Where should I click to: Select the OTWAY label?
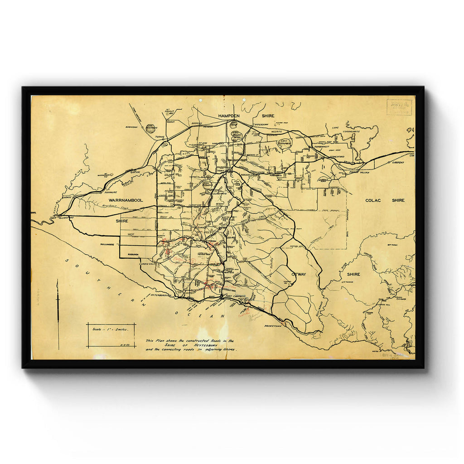coord(299,274)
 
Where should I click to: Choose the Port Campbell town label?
coord(235,297)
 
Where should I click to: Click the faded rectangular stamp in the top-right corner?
coord(399,107)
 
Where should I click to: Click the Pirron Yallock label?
coord(359,172)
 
